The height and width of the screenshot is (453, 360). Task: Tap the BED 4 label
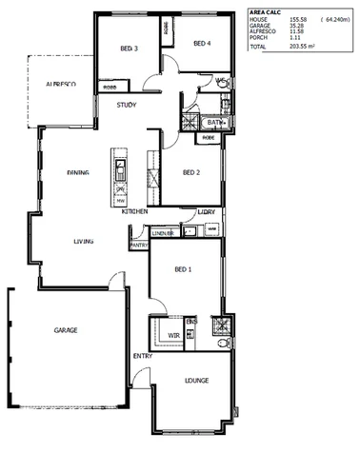click(x=201, y=43)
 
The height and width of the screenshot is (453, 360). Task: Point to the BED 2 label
click(x=190, y=172)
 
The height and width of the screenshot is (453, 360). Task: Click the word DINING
click(x=78, y=173)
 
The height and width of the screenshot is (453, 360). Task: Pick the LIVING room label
click(x=85, y=242)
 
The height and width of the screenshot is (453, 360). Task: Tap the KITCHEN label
click(x=135, y=211)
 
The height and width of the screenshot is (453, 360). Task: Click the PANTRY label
click(x=138, y=245)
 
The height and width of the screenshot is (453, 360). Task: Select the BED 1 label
click(x=184, y=269)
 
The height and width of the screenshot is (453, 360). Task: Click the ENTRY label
click(x=143, y=356)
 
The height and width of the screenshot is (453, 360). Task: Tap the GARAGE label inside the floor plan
click(x=66, y=330)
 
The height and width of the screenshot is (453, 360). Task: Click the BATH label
click(x=212, y=122)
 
